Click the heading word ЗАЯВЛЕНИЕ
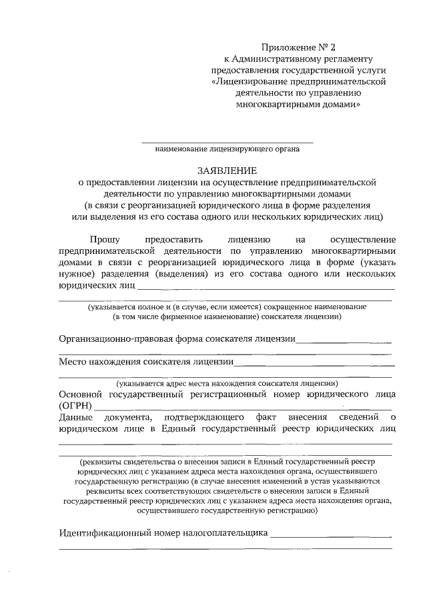click(x=227, y=170)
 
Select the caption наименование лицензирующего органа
click(x=227, y=149)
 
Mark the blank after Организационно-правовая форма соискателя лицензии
click(x=344, y=340)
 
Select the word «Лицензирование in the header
click(x=251, y=81)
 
